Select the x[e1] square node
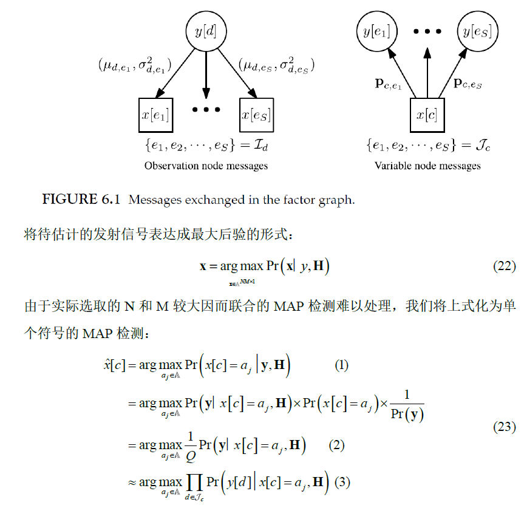click(x=155, y=113)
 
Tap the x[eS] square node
click(x=256, y=113)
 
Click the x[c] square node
click(x=427, y=114)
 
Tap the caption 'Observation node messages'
click(x=206, y=165)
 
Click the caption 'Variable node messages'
click(x=427, y=165)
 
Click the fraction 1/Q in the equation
click(x=192, y=445)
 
